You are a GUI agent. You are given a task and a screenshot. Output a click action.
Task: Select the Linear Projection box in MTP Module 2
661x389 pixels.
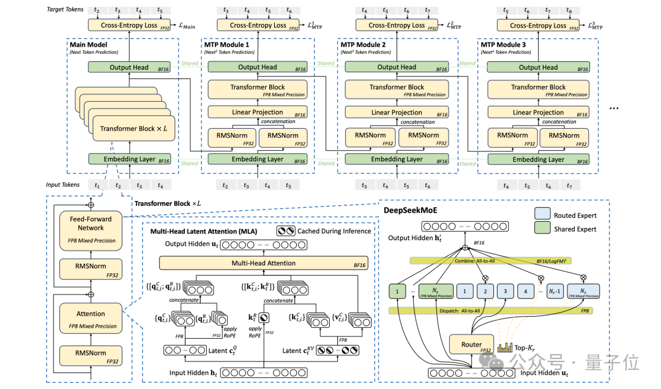(397, 113)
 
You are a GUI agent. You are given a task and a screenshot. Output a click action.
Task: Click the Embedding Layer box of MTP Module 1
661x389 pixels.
(258, 159)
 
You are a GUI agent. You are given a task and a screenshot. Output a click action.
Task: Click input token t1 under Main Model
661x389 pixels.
(97, 184)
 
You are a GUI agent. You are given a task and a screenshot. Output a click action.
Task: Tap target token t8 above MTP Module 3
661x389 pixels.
(569, 10)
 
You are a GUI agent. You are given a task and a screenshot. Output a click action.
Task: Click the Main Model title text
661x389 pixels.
(89, 45)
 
